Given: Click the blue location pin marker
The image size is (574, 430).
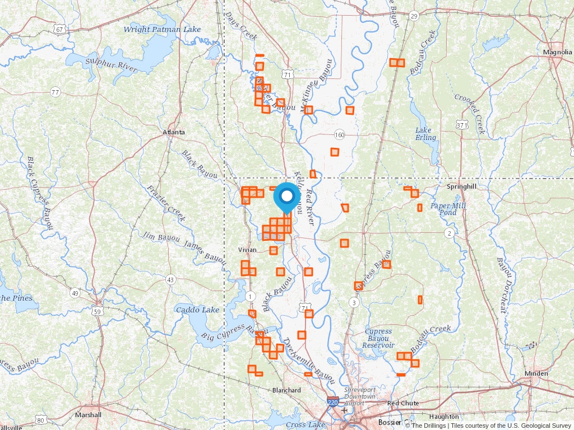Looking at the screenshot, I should pyautogui.click(x=286, y=197).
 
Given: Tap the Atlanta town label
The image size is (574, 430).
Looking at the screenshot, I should pyautogui.click(x=173, y=132).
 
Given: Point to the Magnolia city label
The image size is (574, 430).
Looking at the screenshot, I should pyautogui.click(x=557, y=52).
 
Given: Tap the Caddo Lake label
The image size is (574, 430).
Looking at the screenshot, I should pyautogui.click(x=197, y=310).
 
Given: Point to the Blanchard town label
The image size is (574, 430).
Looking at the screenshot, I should pyautogui.click(x=286, y=390).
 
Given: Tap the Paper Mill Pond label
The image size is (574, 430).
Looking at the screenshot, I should pyautogui.click(x=448, y=209).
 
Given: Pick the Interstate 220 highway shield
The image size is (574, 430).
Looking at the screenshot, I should pyautogui.click(x=333, y=402).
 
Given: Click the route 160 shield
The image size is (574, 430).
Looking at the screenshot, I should pyautogui.click(x=339, y=135).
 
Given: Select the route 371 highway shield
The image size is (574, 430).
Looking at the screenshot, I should pyautogui.click(x=462, y=125).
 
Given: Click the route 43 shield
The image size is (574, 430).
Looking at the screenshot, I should pyautogui.click(x=170, y=279).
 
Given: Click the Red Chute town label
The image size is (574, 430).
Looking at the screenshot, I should pyautogui.click(x=403, y=403).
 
